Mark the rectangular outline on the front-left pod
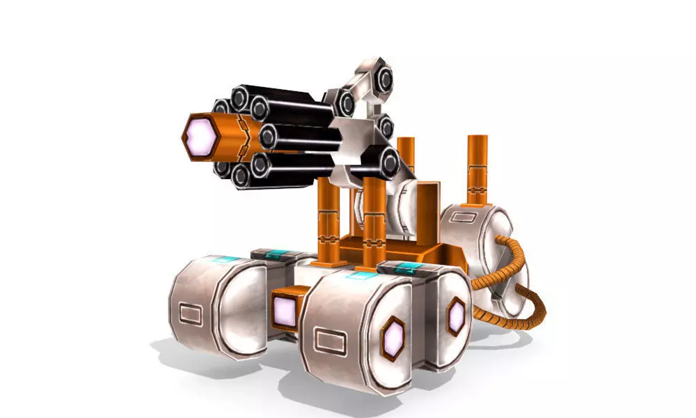click(191, 313)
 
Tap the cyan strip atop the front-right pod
click(361, 276)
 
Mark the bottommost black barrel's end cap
click(242, 178)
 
